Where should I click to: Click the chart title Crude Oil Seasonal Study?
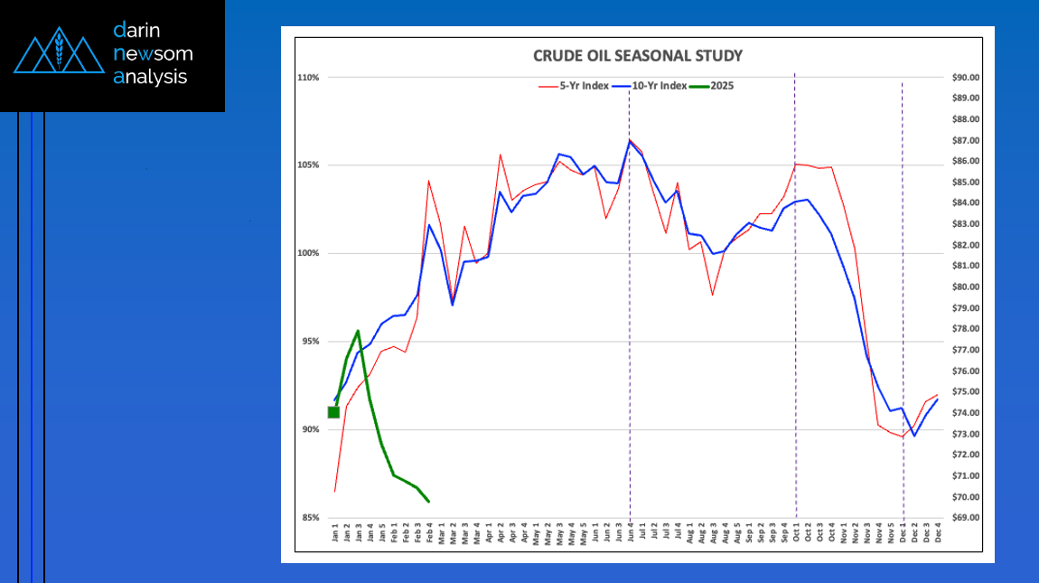pos(638,56)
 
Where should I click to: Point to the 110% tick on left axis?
pos(308,78)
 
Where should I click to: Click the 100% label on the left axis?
pos(308,253)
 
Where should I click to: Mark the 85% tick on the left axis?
pos(309,518)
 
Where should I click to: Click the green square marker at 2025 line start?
pos(333,412)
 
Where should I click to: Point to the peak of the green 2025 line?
pos(358,331)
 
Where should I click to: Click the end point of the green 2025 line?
pos(428,502)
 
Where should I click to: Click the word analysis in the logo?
pos(151,77)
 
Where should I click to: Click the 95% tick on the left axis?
pos(309,342)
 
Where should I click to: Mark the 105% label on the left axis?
pos(308,165)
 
